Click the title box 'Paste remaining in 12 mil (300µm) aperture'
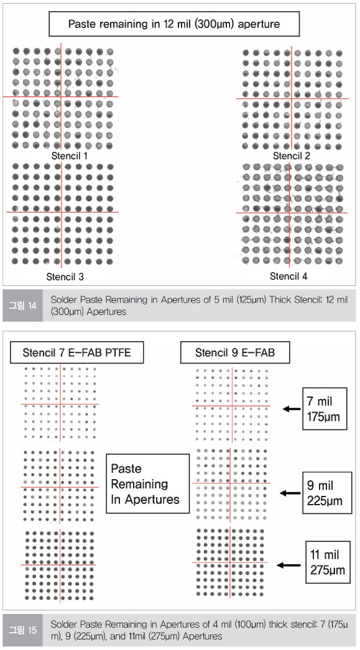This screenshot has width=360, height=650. [173, 24]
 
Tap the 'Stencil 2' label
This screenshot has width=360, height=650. [291, 156]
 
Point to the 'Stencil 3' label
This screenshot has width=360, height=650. [65, 277]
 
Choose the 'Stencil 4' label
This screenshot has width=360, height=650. [288, 276]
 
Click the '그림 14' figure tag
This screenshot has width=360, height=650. [23, 306]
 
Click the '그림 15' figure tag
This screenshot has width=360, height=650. [23, 629]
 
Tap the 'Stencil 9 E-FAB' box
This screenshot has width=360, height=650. [235, 353]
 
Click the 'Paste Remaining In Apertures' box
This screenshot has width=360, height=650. [147, 483]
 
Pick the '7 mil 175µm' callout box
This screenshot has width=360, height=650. [325, 409]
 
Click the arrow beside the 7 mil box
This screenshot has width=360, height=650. [292, 409]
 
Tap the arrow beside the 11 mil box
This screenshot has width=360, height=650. [288, 565]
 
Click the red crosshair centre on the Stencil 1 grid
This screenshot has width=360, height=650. [61, 97]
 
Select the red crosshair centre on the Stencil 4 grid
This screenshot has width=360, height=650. [290, 213]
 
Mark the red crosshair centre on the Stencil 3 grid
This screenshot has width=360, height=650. [62, 213]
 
